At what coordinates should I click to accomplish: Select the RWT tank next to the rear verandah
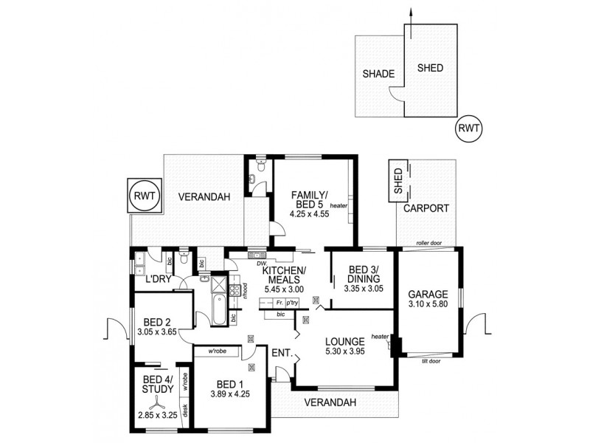[x=142, y=197]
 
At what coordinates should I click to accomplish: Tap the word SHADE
[x=379, y=74]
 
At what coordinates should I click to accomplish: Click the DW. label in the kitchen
[x=260, y=263]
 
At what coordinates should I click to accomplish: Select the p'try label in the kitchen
[x=294, y=303]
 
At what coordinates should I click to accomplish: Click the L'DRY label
[x=159, y=280]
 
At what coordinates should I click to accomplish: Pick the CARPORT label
[x=426, y=209]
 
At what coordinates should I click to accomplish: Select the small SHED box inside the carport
[x=398, y=182]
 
